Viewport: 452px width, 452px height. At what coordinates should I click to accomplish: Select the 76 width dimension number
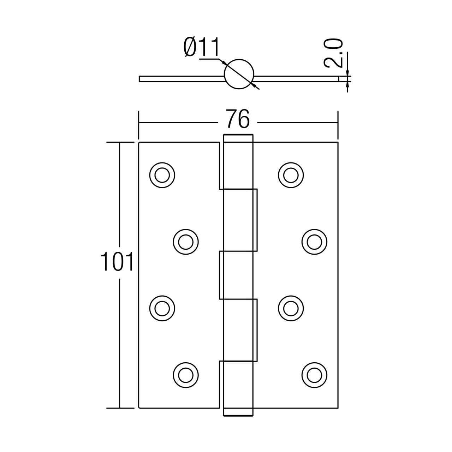(x=238, y=119)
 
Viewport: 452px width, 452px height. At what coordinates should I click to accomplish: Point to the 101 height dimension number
(x=117, y=262)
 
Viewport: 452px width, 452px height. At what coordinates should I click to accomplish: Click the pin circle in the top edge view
(x=239, y=73)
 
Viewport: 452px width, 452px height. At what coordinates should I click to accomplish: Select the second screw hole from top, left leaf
(x=186, y=242)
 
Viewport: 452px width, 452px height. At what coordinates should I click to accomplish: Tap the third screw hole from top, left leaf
(x=162, y=307)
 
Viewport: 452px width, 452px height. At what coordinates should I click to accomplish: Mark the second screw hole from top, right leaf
(x=314, y=242)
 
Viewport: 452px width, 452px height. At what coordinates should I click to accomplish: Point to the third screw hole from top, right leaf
(x=291, y=307)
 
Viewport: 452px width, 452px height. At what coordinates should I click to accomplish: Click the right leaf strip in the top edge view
(x=297, y=78)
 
